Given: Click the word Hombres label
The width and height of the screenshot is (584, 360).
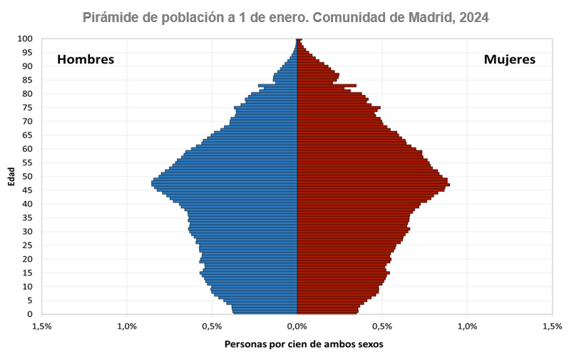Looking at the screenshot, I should coord(86,59).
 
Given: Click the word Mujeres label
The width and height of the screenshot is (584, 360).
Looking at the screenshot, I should coord(509,59).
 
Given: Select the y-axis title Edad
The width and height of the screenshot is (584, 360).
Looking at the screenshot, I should coord(11,177).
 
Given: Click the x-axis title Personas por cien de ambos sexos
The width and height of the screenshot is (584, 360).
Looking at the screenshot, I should coord(304,344).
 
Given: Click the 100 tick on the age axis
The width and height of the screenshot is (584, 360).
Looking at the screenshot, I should coord(25,38).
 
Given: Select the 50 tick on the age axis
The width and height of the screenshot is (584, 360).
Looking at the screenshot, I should coord(27,177).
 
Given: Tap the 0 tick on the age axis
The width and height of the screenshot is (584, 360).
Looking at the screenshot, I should coord(30,314).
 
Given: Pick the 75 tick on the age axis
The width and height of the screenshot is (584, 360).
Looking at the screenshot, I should coord(27,108).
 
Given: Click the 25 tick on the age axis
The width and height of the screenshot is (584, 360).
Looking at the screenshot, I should coord(27,245).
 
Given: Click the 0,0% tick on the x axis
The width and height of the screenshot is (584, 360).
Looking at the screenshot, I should coord(297,326).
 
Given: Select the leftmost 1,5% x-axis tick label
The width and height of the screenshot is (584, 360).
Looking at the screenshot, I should coord(41,326).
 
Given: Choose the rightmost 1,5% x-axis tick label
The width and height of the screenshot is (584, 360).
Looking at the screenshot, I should coord(552,326).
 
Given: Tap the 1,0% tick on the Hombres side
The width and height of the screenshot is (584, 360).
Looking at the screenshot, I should coord(126,326).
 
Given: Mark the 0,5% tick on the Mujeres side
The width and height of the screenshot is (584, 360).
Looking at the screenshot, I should coord(381,326).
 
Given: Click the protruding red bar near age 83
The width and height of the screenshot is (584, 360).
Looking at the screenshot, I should coord(349,86).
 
